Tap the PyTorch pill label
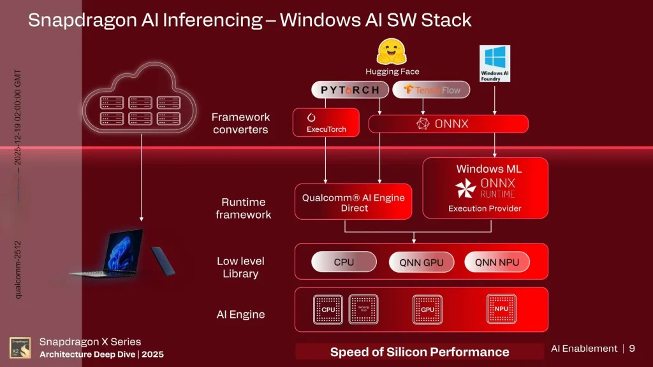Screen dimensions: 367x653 click(349, 90)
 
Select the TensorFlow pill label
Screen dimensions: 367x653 click(431, 90)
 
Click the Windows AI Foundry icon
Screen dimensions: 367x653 click(495, 62)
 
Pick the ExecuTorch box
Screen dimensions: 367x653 click(326, 122)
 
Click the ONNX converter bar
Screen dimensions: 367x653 click(448, 124)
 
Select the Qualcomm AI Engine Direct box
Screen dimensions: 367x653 click(353, 202)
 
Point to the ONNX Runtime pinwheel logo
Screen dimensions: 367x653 click(466, 188)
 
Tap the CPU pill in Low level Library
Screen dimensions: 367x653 click(344, 262)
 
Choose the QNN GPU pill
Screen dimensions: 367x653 click(422, 262)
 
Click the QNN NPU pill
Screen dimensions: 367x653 click(497, 262)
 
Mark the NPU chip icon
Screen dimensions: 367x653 click(501, 309)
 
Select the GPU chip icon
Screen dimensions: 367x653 click(427, 310)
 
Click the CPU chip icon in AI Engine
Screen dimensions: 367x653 click(328, 310)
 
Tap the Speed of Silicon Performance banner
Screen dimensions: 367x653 click(420, 352)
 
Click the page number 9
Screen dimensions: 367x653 click(632, 349)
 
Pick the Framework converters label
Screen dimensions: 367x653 click(241, 123)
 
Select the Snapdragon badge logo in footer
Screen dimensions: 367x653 click(20, 348)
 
